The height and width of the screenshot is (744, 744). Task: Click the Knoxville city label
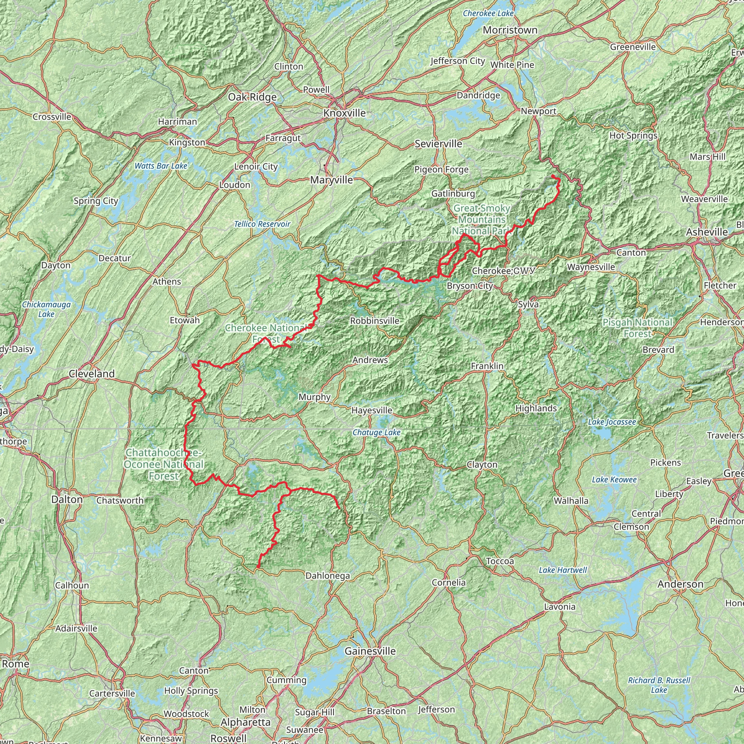[x=344, y=113]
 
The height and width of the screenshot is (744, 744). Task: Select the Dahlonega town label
[x=327, y=576]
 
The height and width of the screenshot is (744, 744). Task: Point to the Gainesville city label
[x=370, y=651]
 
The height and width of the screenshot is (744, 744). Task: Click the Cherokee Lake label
[x=488, y=13]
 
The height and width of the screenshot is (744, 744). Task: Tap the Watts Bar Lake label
[x=161, y=166]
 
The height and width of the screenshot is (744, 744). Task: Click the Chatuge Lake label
[x=376, y=433]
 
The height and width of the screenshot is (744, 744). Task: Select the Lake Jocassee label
[x=611, y=422]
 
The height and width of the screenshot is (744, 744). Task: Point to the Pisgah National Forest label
[x=637, y=328]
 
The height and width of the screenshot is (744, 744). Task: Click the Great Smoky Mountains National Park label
[x=481, y=219]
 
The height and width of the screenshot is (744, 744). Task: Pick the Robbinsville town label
[x=374, y=321]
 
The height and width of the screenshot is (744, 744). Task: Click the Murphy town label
[x=314, y=397]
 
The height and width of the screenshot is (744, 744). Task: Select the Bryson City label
[x=469, y=286]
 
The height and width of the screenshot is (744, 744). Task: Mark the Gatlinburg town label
[x=453, y=194]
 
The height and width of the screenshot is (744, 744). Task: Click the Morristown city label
[x=510, y=30]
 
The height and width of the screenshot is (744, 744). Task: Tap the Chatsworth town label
[x=120, y=501]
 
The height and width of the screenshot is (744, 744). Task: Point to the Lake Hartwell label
[x=563, y=570]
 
